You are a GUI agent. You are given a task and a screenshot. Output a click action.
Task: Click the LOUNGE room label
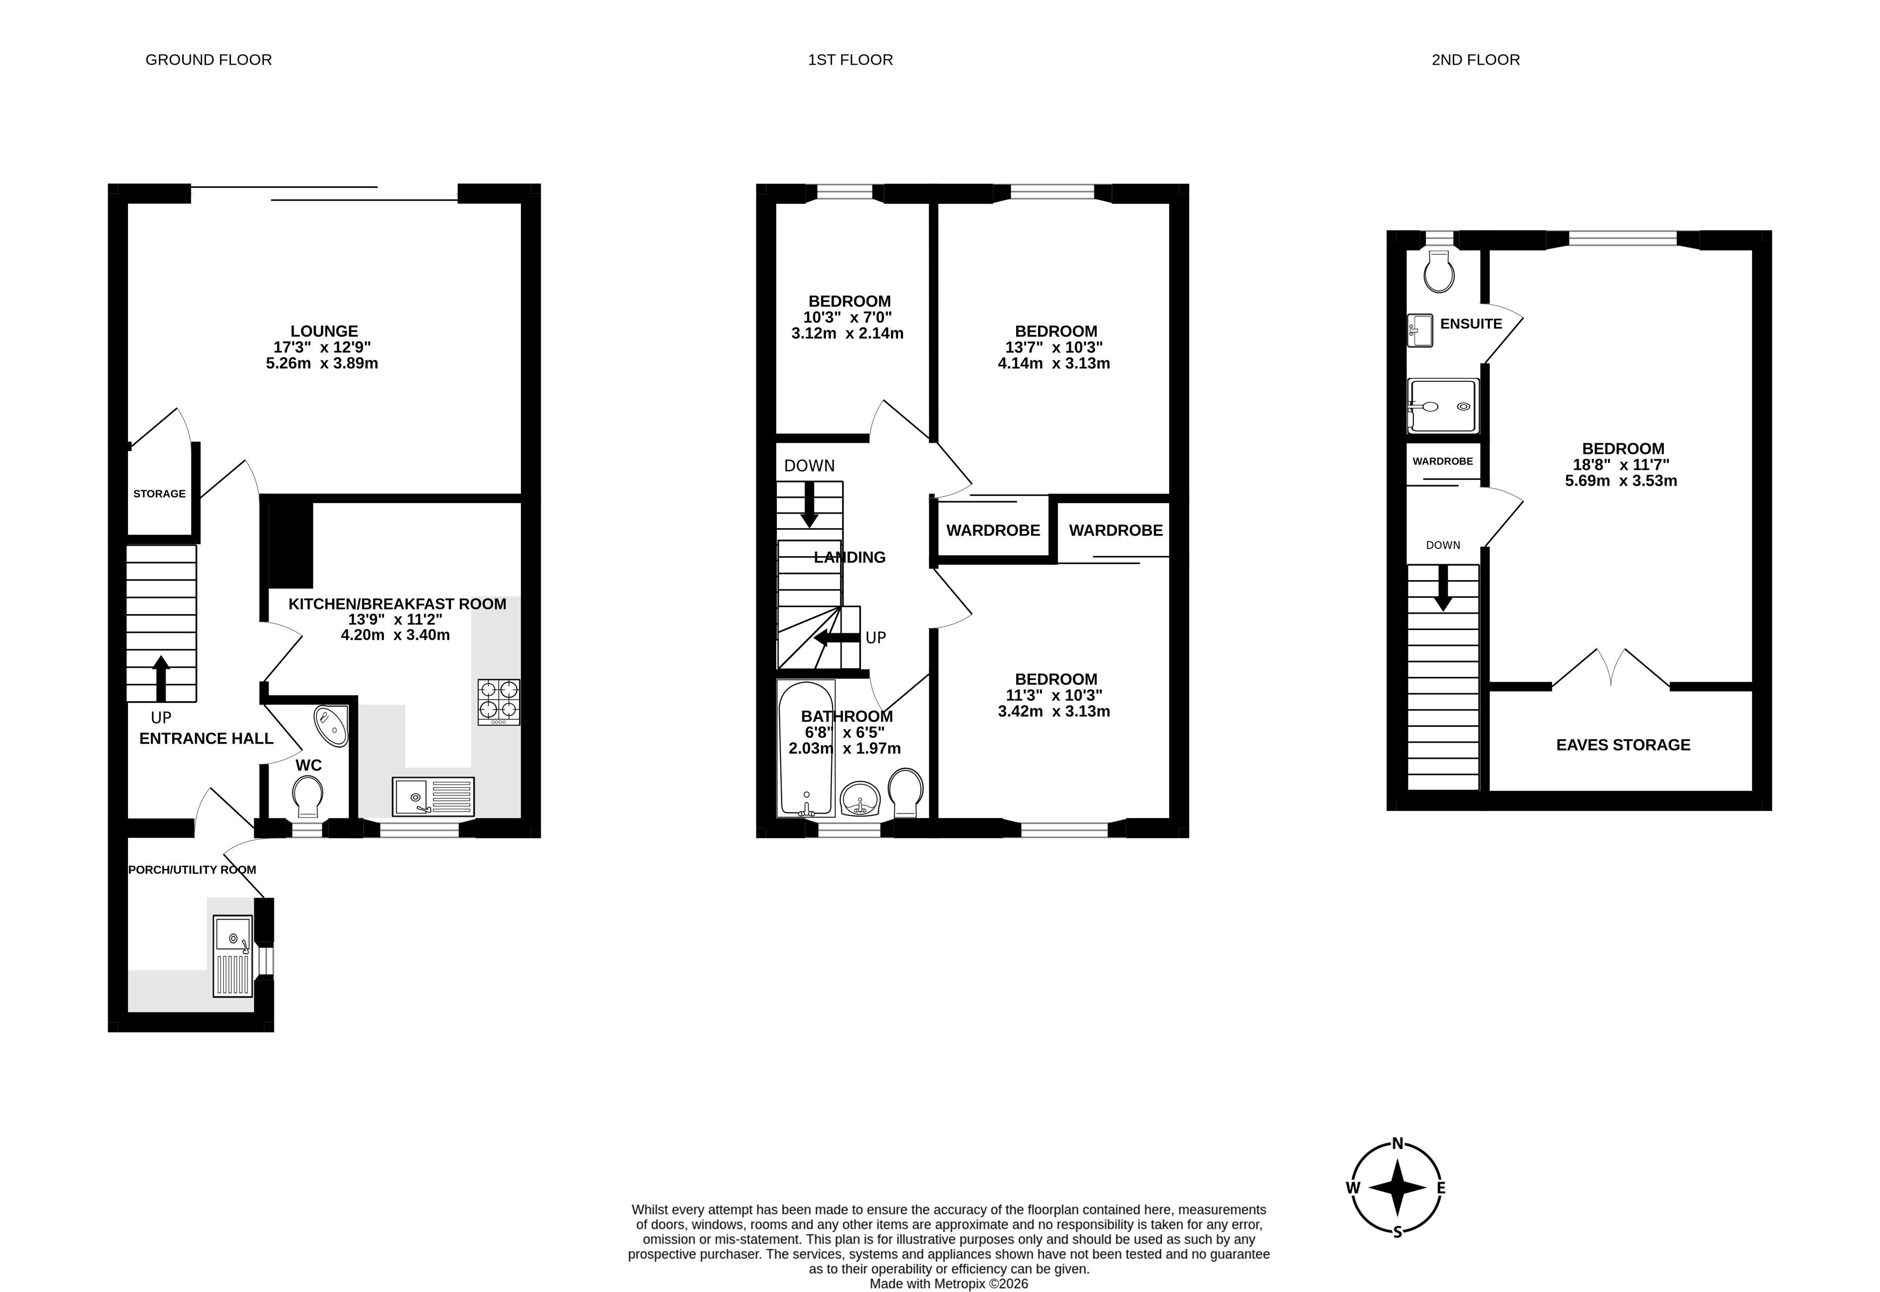click(324, 331)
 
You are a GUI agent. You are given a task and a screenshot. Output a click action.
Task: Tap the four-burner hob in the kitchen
click(499, 701)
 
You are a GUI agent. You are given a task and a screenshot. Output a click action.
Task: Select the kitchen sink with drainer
click(433, 797)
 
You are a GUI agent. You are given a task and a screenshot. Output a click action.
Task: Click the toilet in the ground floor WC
click(307, 797)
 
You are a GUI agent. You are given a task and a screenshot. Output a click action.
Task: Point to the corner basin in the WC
click(332, 725)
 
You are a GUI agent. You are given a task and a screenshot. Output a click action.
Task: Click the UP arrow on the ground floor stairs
click(161, 678)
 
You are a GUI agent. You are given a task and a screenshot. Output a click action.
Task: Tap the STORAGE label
click(159, 494)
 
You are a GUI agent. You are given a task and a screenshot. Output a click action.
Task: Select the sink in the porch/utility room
click(233, 956)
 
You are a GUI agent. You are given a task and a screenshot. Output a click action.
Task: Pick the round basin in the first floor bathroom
click(860, 800)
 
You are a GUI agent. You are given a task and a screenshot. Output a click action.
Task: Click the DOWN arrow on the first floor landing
click(809, 504)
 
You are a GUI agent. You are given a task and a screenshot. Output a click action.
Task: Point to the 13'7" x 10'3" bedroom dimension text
click(1054, 347)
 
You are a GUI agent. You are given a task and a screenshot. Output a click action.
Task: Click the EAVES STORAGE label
click(1624, 745)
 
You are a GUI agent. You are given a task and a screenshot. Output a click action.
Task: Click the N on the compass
click(1397, 1144)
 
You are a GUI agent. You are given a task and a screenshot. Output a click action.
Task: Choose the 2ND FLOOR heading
click(1476, 60)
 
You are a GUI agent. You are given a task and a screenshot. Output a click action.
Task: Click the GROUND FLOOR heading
click(209, 60)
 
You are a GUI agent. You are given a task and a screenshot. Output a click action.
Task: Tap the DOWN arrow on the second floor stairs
click(1443, 588)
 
